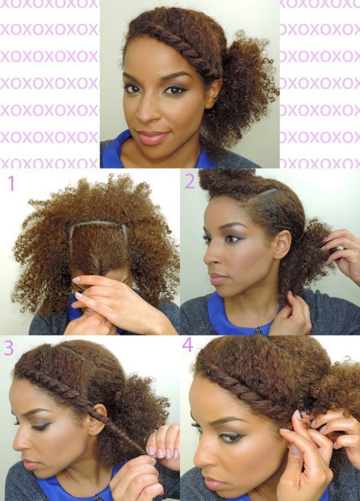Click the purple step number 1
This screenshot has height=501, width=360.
coord(11,183)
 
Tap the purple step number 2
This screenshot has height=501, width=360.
coord(190,182)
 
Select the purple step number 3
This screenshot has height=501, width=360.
coord(8,348)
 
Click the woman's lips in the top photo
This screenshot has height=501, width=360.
coord(152,137)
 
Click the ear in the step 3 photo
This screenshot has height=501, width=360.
coord(98,419)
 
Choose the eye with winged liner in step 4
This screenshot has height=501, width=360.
coord(230,437)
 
